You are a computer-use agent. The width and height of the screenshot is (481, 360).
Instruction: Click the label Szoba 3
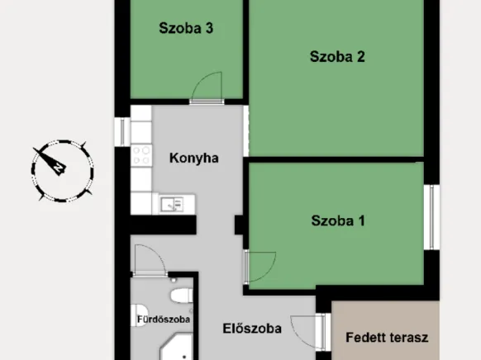(187, 28)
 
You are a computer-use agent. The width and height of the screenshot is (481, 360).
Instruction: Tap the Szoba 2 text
(337, 57)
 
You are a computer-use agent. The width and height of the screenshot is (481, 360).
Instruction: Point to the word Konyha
(193, 158)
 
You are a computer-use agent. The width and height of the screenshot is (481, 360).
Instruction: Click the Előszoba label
(252, 329)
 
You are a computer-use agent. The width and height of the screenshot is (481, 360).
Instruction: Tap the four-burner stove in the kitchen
(141, 154)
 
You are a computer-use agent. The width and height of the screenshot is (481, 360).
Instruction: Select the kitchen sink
(173, 203)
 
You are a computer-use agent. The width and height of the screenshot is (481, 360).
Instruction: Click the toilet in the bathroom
(180, 294)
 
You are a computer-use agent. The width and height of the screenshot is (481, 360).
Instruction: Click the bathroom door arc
(150, 260)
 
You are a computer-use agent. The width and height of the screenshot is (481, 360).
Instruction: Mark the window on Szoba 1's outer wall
(431, 216)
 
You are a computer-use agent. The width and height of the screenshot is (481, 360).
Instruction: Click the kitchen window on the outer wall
(122, 131)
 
